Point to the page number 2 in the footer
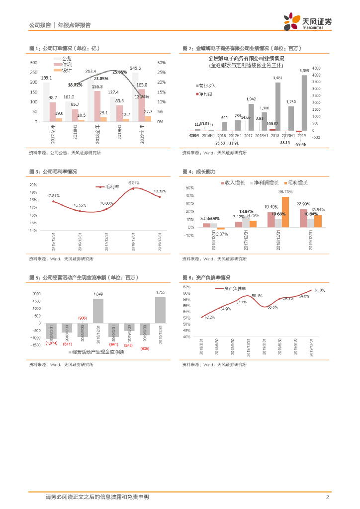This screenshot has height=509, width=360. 327,497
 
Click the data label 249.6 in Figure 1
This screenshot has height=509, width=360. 135,68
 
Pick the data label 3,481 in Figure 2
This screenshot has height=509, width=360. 278,78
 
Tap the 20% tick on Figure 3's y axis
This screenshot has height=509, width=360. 33,184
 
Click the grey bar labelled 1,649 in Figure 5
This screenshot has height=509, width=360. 98,310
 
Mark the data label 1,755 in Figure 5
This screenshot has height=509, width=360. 160,292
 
